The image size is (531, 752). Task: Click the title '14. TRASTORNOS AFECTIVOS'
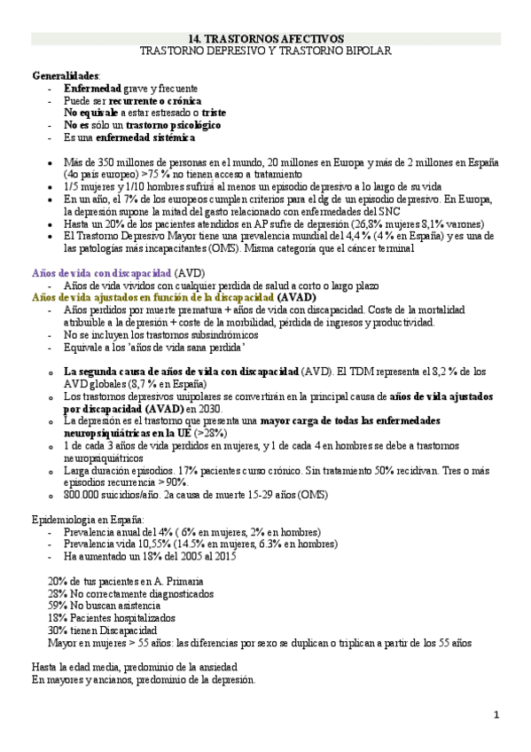266,39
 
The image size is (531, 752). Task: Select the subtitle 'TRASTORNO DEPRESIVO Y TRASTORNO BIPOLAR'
266,51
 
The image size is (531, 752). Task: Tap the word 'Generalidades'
66,76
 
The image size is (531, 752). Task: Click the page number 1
496,715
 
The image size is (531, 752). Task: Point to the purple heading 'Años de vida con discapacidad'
102,273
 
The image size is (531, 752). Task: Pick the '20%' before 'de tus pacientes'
59,580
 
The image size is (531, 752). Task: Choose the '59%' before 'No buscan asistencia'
59,605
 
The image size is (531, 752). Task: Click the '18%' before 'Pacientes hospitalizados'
59,617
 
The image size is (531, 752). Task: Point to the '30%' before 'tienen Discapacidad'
59,630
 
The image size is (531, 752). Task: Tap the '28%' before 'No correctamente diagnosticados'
59,592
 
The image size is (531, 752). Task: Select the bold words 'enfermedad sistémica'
147,139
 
